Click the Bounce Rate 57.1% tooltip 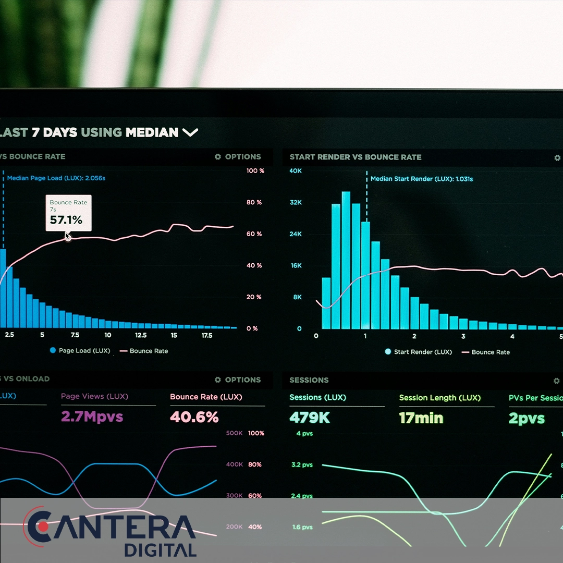point(68,213)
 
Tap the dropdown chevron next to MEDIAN point(190,132)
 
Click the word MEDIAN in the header point(152,132)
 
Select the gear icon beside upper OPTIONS point(218,156)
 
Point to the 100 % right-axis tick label point(255,171)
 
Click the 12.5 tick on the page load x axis point(141,335)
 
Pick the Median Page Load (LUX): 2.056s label point(56,178)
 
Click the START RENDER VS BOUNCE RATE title point(356,157)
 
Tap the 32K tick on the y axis point(296,202)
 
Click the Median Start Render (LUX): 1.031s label point(422,179)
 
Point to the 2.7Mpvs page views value point(92,417)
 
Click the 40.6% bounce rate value point(194,417)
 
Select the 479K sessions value point(310,418)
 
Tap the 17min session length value point(421,418)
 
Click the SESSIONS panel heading point(309,380)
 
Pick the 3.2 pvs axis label point(302,464)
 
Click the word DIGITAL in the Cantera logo point(160,550)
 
